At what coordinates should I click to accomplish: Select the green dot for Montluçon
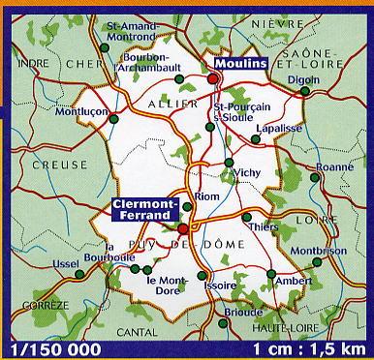[x=114, y=119]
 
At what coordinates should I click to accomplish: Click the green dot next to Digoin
[x=305, y=91]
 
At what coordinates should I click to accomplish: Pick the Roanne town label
[x=335, y=166]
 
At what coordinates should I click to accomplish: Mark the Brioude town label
[x=236, y=313]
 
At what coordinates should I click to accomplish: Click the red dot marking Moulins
[x=211, y=78]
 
